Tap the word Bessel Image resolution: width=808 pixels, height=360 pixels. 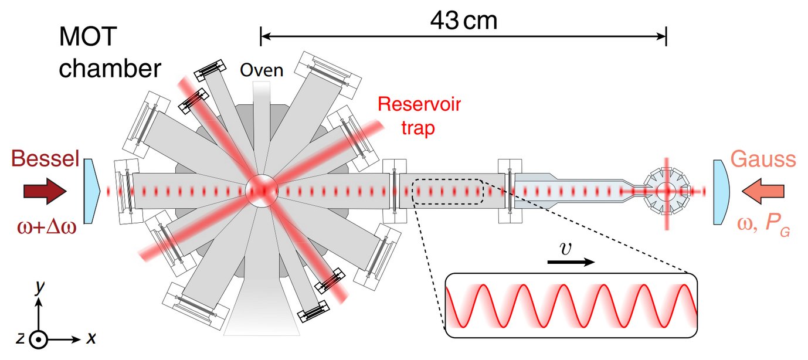(x=45, y=159)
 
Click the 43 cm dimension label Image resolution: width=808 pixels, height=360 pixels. (x=463, y=22)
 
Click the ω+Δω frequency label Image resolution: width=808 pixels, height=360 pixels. (x=45, y=225)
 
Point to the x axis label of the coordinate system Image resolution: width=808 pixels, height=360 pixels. (x=91, y=338)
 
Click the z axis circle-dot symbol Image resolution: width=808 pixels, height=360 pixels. (x=38, y=339)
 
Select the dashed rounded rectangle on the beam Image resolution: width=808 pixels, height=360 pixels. (x=448, y=191)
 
